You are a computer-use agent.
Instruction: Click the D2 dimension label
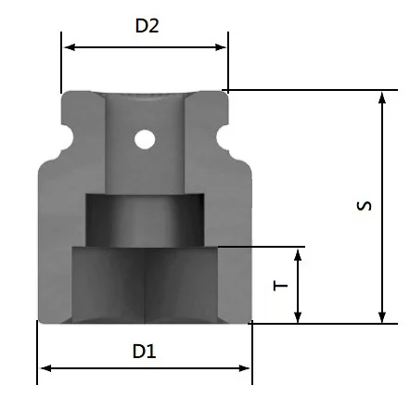[x=147, y=26]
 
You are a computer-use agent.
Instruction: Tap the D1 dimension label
[x=144, y=352]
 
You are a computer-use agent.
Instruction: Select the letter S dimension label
[x=364, y=206]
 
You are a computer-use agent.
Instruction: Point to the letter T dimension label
[x=281, y=285]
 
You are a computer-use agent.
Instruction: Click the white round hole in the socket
[x=145, y=139]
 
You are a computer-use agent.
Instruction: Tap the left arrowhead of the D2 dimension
[x=70, y=47]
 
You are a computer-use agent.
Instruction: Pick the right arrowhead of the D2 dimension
[x=221, y=47]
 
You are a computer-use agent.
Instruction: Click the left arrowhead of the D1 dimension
[x=45, y=368]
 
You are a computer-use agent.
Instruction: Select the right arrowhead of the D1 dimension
[x=244, y=368]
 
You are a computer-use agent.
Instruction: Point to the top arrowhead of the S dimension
[x=382, y=97]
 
